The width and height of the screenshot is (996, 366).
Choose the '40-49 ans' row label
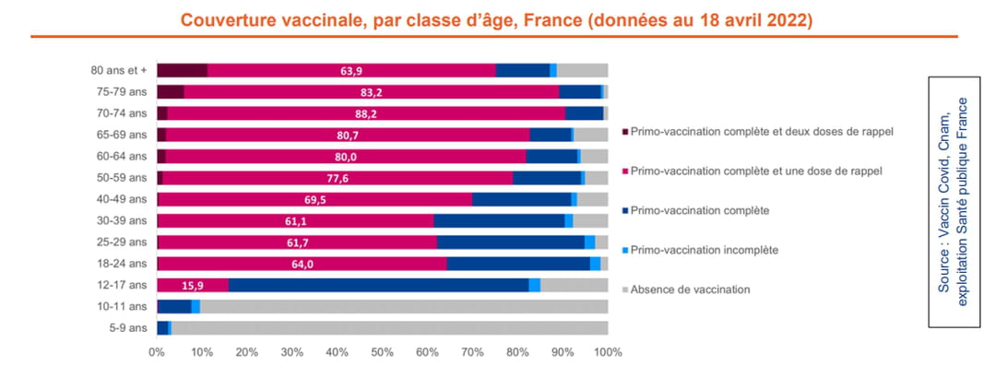pos(121,199)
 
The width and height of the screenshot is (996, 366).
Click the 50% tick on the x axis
pos(382,352)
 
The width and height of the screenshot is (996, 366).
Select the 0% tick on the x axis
pos(158,352)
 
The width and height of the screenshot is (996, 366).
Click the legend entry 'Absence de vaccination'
pos(691,289)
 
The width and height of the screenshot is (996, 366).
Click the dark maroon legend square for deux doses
pos(626,131)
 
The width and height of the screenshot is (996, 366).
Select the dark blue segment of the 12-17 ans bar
pos(378,285)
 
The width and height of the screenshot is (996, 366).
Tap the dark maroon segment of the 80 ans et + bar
pos(182,70)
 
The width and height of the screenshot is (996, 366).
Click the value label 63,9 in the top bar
pos(350,70)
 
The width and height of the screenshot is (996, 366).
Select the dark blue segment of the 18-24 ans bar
pos(517,264)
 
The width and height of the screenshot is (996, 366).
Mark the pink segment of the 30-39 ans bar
pos(295,220)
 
